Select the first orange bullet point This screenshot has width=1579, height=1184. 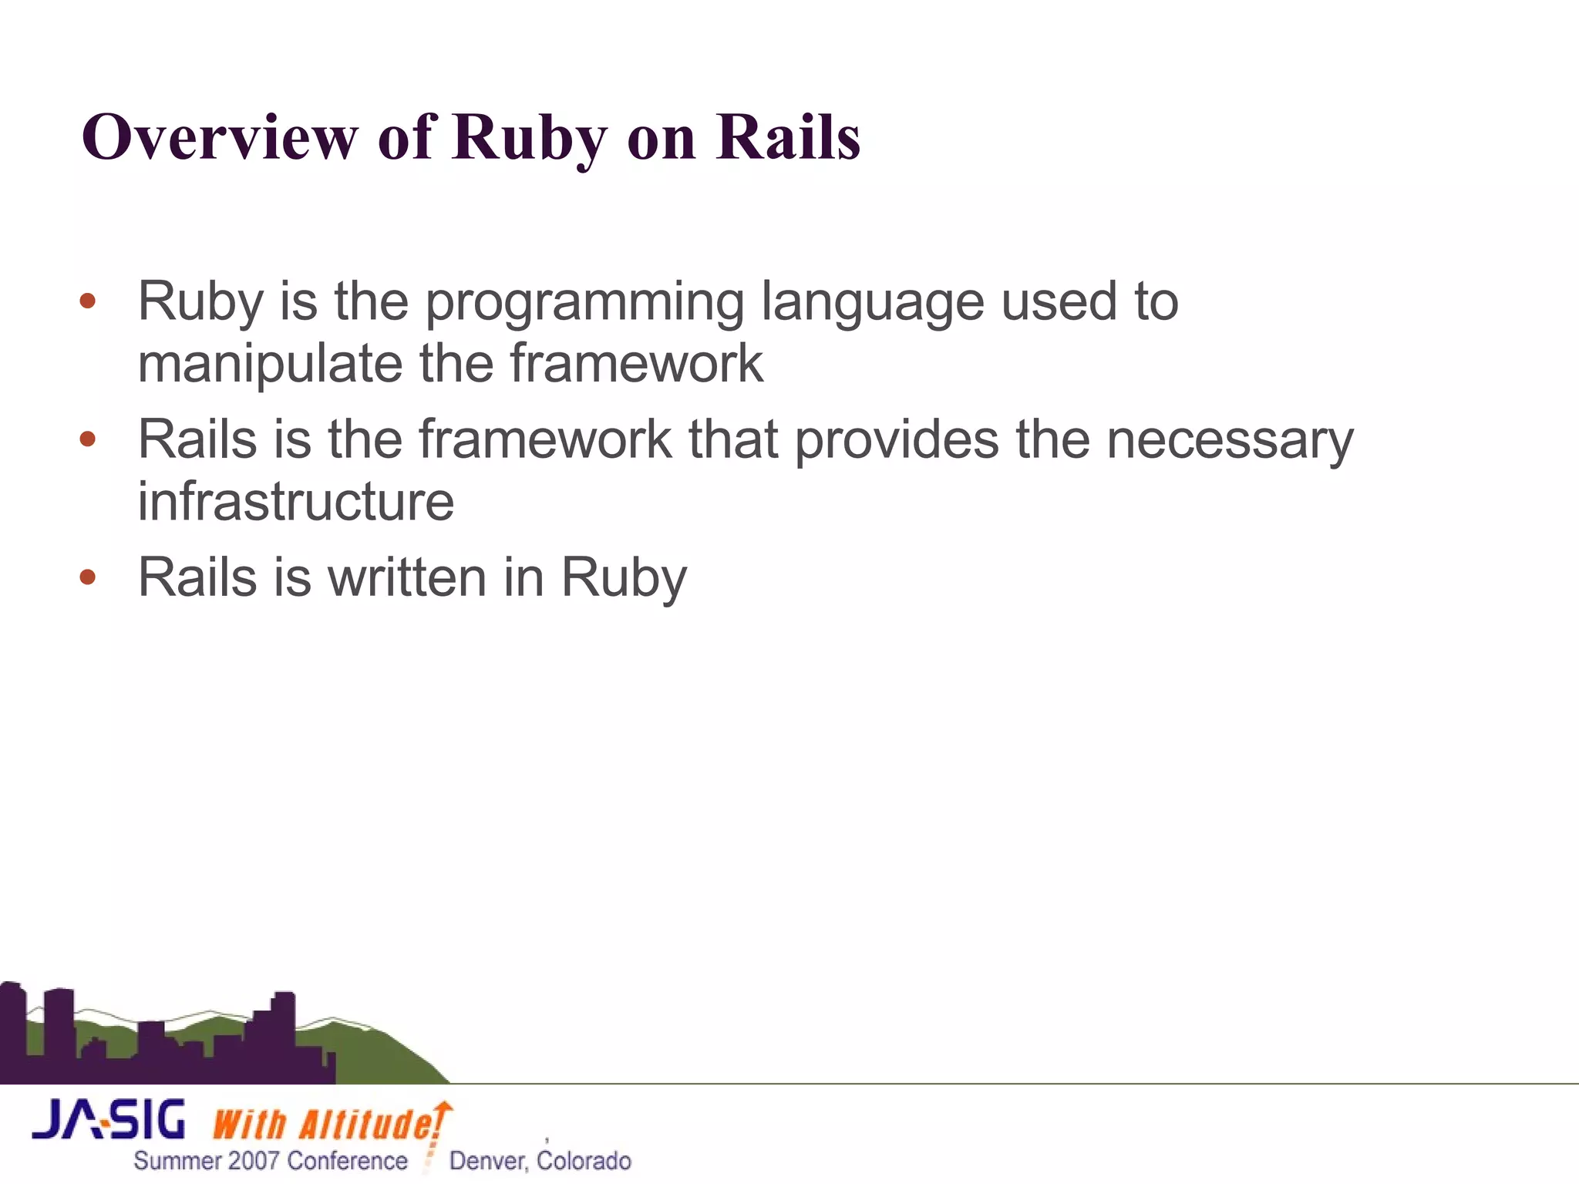point(88,301)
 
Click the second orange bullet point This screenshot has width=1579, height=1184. point(88,439)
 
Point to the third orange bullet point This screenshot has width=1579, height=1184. point(88,577)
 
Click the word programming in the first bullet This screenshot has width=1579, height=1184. point(584,302)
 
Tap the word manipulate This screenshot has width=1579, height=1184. point(269,364)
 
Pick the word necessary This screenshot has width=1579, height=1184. point(1229,441)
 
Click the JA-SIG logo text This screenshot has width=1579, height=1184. point(109,1120)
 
